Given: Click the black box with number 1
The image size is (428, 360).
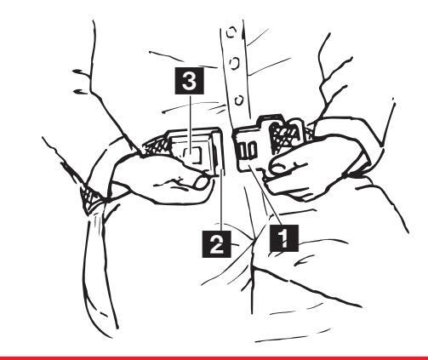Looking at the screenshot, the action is (x=283, y=238).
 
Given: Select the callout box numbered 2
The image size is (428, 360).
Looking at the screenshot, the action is (x=216, y=244).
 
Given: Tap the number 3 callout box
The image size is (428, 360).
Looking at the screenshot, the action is (x=189, y=81).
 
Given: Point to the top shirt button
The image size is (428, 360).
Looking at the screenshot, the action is (x=231, y=32).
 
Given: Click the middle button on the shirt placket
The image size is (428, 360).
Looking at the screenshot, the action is (x=235, y=63).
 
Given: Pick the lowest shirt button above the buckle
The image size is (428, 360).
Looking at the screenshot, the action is (x=239, y=100).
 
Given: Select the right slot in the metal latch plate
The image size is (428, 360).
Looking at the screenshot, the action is (x=253, y=150).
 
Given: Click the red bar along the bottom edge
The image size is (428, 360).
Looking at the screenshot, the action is (x=214, y=357).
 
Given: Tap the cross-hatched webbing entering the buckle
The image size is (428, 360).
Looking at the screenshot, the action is (x=157, y=146).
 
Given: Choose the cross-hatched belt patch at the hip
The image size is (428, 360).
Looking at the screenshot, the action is (x=89, y=197).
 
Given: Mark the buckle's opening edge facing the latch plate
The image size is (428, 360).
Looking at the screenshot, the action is (x=219, y=151).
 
